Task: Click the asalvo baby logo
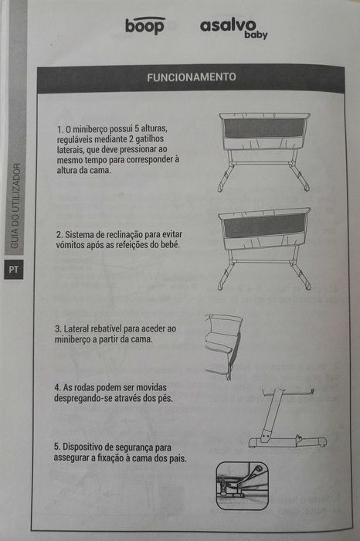(x=233, y=28)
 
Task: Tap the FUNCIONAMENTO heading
(x=191, y=77)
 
